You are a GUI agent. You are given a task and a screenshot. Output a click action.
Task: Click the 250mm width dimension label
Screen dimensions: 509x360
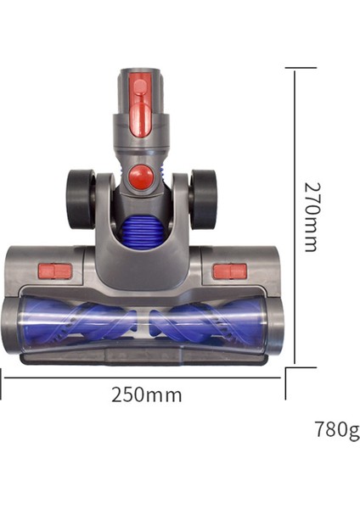click(146, 394)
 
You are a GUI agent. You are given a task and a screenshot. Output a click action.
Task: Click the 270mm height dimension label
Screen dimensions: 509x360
click(310, 215)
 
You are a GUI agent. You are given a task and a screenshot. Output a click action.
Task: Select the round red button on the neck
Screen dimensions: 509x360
click(143, 177)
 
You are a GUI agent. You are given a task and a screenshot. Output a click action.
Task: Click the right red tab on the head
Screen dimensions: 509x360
click(228, 271)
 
